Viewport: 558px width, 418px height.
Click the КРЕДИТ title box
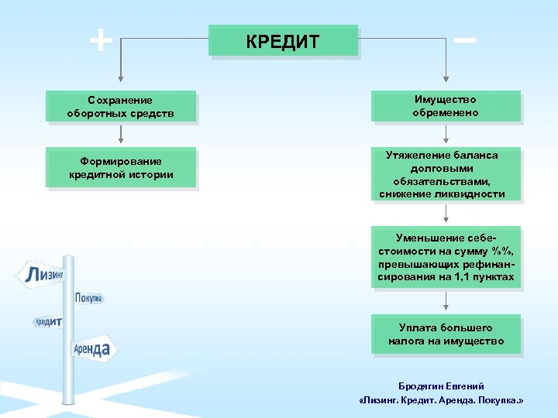(x=283, y=41)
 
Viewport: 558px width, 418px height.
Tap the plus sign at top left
(x=100, y=39)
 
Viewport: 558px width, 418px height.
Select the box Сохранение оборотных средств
(x=120, y=107)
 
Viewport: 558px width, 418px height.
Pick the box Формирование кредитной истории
(x=120, y=168)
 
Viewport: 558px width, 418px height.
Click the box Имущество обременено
(x=445, y=106)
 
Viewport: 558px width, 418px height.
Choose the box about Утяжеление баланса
(x=445, y=174)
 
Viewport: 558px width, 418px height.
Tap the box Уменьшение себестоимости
(x=445, y=257)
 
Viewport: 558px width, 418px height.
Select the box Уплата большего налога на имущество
(x=445, y=334)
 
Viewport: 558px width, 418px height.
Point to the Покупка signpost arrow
(x=88, y=298)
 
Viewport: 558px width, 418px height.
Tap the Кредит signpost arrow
(x=48, y=321)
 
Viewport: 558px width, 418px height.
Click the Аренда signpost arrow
(x=93, y=350)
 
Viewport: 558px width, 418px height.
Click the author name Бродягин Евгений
(x=441, y=386)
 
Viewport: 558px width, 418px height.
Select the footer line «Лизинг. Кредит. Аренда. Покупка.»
(x=441, y=402)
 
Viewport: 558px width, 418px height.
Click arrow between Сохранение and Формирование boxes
(x=120, y=135)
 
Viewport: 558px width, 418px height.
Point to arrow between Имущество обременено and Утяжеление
(x=445, y=134)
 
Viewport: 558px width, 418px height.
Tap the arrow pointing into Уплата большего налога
(x=445, y=301)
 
